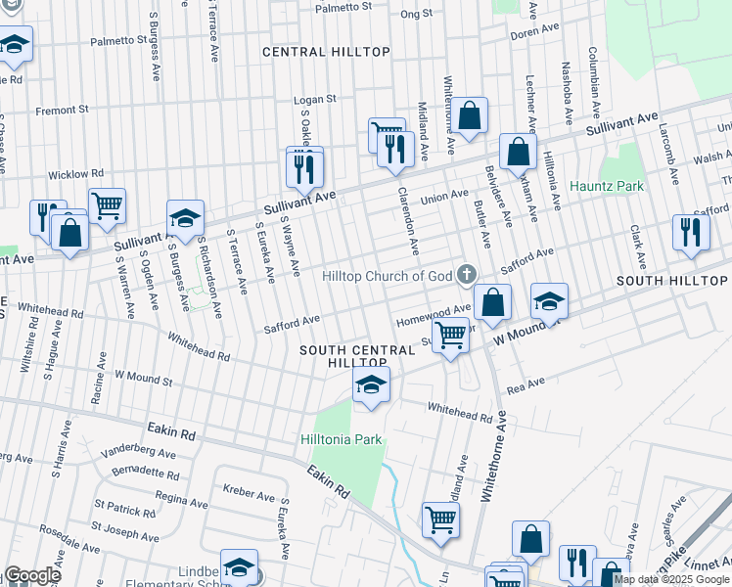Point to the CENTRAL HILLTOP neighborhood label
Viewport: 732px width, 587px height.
click(x=326, y=52)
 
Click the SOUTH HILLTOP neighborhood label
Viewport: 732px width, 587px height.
click(x=674, y=281)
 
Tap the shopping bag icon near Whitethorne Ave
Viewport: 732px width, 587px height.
click(x=470, y=115)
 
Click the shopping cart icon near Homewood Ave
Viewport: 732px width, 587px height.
click(x=450, y=335)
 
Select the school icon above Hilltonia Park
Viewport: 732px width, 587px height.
click(x=371, y=384)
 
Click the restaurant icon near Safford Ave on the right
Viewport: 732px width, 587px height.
click(x=691, y=233)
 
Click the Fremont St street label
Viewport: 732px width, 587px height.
click(x=62, y=111)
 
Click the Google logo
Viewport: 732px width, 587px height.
click(x=31, y=576)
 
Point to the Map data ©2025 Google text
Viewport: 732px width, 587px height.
click(x=672, y=579)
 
